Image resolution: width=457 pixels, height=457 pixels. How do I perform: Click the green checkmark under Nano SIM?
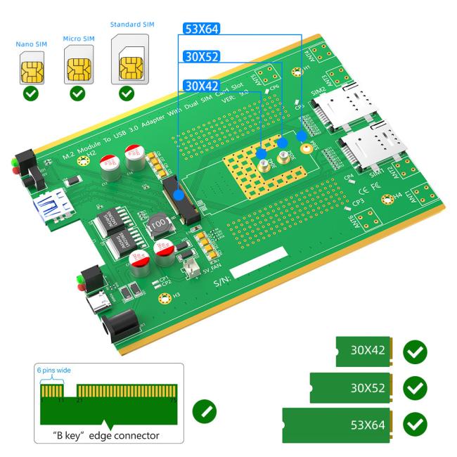(x=32, y=92)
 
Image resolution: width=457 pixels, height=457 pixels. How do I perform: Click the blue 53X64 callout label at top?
(x=201, y=30)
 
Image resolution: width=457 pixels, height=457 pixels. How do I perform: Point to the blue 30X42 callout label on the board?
(x=201, y=86)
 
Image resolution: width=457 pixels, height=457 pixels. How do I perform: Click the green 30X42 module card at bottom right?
(x=363, y=350)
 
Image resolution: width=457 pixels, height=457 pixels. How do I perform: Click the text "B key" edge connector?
(x=105, y=434)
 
